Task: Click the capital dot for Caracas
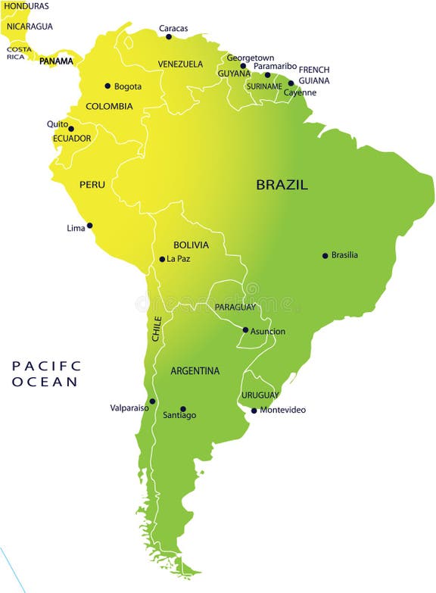pyautogui.click(x=169, y=36)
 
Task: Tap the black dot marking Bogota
pyautogui.click(x=107, y=86)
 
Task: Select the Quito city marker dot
pyautogui.click(x=71, y=129)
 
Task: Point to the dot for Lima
pyautogui.click(x=89, y=225)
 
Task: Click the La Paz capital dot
pyautogui.click(x=161, y=259)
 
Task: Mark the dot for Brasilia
pyautogui.click(x=325, y=255)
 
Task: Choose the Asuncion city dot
pyautogui.click(x=245, y=329)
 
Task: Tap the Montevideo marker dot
pyautogui.click(x=254, y=410)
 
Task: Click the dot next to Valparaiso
pyautogui.click(x=152, y=401)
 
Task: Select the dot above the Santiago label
pyautogui.click(x=182, y=409)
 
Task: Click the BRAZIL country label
pyautogui.click(x=282, y=184)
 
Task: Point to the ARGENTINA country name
pyautogui.click(x=195, y=371)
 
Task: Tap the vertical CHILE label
pyautogui.click(x=157, y=329)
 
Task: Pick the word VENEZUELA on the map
pyautogui.click(x=180, y=64)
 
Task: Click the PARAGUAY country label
pyautogui.click(x=235, y=307)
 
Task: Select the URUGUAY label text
pyautogui.click(x=260, y=395)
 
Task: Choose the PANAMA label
pyautogui.click(x=57, y=61)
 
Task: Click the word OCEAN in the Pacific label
pyautogui.click(x=45, y=382)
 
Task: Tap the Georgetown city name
pyautogui.click(x=251, y=58)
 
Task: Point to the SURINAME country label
pyautogui.click(x=263, y=86)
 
